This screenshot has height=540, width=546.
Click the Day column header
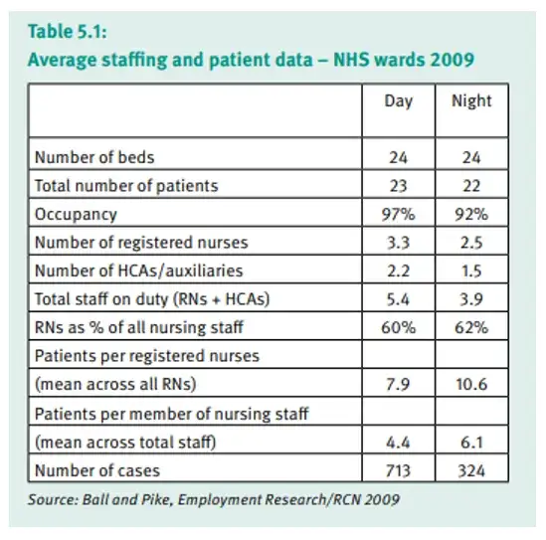click(399, 101)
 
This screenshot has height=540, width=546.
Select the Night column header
click(471, 101)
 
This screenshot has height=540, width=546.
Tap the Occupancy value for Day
click(399, 214)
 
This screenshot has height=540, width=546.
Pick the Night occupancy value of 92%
click(471, 214)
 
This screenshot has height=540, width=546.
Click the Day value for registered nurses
click(399, 243)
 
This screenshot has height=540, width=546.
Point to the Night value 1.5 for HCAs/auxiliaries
click(471, 270)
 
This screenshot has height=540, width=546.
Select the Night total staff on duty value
click(471, 299)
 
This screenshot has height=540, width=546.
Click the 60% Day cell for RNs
click(399, 327)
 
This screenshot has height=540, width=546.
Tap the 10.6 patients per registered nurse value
click(471, 385)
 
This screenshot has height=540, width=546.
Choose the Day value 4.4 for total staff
click(399, 443)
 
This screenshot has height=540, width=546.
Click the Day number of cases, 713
click(399, 471)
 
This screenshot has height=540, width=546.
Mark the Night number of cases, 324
click(471, 471)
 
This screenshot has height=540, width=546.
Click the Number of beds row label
click(94, 157)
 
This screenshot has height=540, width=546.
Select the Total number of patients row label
click(126, 186)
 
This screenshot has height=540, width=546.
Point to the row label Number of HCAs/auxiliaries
click(139, 270)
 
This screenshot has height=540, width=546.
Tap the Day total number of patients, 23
click(399, 186)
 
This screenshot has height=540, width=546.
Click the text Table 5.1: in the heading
click(68, 32)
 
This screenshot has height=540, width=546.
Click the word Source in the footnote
click(54, 500)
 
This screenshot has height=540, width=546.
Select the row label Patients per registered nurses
click(147, 356)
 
